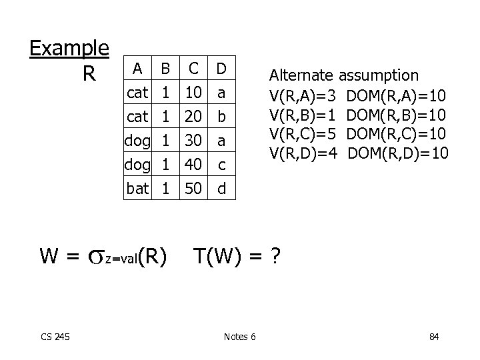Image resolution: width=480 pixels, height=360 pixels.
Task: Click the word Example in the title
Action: pos(69,48)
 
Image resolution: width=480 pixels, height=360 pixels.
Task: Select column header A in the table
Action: pos(137,68)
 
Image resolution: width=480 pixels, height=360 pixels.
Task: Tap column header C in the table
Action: pos(194,68)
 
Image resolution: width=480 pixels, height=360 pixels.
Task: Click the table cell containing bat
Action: pos(137,189)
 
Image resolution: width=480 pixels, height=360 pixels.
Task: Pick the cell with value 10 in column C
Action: pos(194,92)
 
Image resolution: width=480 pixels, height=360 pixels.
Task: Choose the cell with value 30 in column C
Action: pos(194,140)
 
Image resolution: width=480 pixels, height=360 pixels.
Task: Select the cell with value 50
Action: pos(194,189)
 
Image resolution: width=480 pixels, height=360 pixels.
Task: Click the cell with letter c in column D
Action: pos(221,165)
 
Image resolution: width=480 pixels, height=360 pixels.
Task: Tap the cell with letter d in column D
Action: pos(221,189)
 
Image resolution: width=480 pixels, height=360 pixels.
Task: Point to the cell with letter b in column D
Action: pos(221,116)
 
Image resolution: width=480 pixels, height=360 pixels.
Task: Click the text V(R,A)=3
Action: pos(302,95)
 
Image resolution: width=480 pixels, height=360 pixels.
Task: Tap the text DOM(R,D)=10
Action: pos(398,154)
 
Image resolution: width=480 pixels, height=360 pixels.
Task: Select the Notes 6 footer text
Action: pos(241,336)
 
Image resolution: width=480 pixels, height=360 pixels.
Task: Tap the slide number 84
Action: pos(434,336)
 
